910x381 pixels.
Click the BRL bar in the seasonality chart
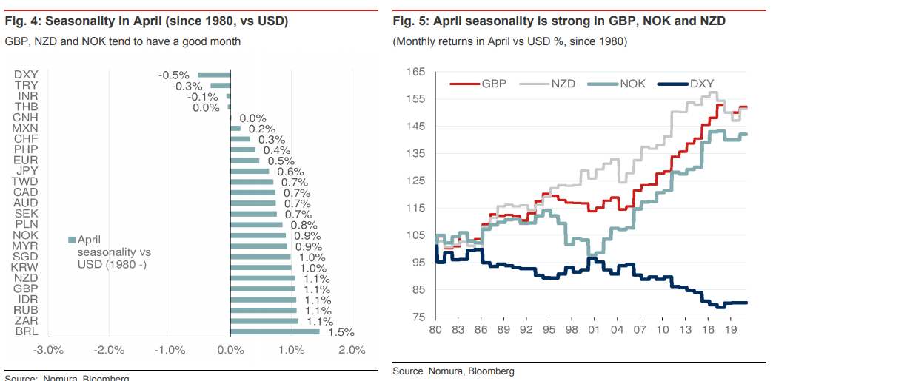tap(275, 331)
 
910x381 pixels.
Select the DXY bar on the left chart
tap(214, 75)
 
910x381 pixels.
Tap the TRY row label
tap(26, 85)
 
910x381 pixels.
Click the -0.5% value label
tap(175, 75)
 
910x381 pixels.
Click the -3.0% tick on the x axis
tap(49, 350)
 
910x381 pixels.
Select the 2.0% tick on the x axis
tap(352, 350)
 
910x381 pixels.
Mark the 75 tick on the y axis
tap(418, 317)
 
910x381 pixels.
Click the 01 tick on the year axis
tap(592, 329)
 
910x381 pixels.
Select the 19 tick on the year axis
tap(729, 329)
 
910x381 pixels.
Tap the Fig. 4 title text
tap(147, 21)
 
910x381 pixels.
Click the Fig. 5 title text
tap(559, 21)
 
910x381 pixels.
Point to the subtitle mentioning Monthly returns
tap(510, 41)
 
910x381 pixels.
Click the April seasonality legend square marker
tap(72, 240)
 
